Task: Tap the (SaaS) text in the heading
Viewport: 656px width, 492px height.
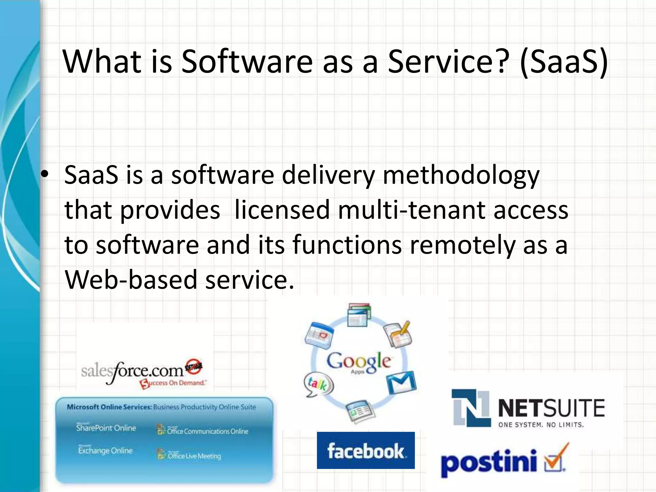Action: point(564,61)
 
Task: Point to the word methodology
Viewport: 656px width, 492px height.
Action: point(461,176)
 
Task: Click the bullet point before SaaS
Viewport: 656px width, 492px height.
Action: point(45,174)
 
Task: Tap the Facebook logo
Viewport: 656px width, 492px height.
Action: point(365,450)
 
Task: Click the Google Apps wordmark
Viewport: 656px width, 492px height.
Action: point(358,362)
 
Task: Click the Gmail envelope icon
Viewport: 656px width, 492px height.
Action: point(401,382)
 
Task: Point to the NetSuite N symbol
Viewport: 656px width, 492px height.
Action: point(471,408)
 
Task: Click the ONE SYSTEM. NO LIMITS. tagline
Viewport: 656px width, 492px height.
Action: point(541,425)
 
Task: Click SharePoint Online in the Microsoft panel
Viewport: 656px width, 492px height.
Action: point(106,428)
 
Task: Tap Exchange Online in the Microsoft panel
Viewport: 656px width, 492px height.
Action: point(105,450)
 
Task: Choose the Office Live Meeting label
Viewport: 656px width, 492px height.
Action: point(194,455)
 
